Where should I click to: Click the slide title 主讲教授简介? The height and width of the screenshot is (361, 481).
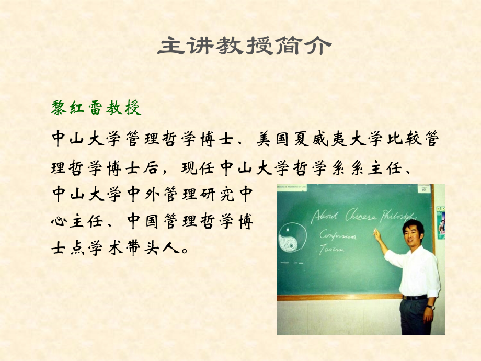pos(244,46)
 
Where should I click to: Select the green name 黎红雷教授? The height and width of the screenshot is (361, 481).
pos(96,108)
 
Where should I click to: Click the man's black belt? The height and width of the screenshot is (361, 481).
pos(415,297)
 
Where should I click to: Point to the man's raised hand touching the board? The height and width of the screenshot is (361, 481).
pos(377,234)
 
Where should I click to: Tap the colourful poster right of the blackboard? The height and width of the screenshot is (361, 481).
pos(440,222)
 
